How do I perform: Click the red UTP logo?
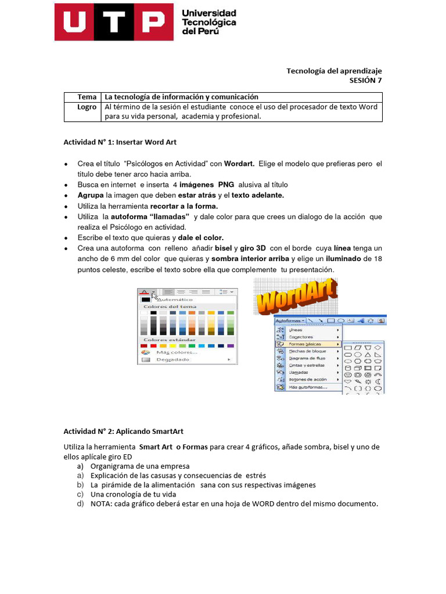(x=114, y=22)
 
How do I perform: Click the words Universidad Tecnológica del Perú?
(x=209, y=22)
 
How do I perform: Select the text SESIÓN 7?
(x=365, y=81)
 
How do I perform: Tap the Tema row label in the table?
(x=87, y=97)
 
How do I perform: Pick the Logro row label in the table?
(x=87, y=107)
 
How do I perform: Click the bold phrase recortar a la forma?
(x=184, y=206)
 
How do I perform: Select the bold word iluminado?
(x=341, y=259)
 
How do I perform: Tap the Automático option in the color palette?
(x=174, y=299)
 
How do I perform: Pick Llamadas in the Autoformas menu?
(x=299, y=372)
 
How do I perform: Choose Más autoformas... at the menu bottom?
(x=308, y=387)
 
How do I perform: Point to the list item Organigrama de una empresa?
(x=140, y=466)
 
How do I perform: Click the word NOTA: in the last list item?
(x=103, y=504)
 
